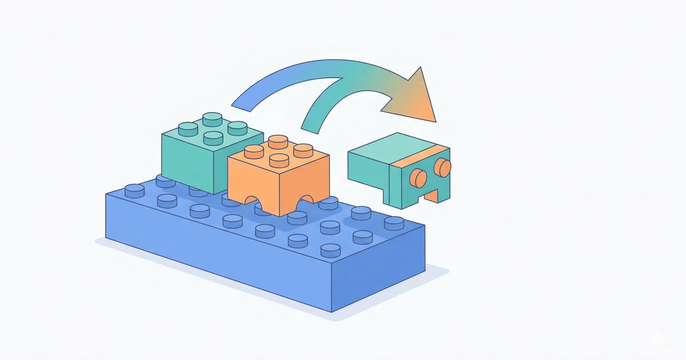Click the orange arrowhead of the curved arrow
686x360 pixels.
tap(414, 97)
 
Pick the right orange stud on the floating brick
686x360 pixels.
tap(442, 167)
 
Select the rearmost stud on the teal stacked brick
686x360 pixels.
tap(213, 118)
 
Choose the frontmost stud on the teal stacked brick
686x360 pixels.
tap(213, 137)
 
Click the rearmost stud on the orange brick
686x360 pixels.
tap(278, 140)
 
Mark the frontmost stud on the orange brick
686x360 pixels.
tap(279, 159)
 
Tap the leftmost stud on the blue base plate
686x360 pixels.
tap(134, 190)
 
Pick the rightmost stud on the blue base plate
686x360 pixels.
tap(393, 223)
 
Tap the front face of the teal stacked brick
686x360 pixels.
tap(189, 163)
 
